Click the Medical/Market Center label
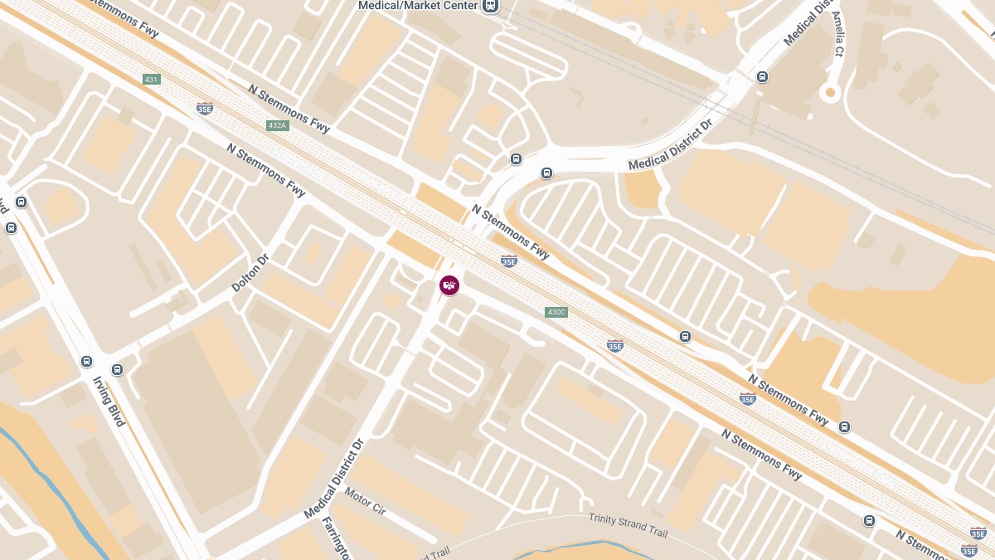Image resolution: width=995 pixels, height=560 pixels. pos(418,6)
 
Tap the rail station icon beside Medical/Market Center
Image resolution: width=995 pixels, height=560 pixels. pos(491,5)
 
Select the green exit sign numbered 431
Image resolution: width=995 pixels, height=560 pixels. pos(151,80)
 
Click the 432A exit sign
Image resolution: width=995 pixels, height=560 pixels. pos(277,125)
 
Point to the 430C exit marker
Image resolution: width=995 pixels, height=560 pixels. pos(556,312)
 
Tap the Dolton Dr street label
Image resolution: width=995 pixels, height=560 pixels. pos(250,273)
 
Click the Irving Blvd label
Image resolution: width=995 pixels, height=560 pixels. pos(109,401)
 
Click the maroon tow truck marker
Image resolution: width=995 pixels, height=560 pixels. pos(449,285)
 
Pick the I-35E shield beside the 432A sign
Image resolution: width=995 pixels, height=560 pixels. pos(204,108)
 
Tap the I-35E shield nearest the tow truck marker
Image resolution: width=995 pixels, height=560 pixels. pos(509,261)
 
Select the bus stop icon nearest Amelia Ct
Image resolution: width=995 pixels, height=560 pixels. pos(762,77)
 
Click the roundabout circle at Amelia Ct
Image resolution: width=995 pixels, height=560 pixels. pos(829,93)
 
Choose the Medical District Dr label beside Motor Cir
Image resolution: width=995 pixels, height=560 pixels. pos(334,479)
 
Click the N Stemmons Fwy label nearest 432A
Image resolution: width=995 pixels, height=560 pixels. pos(289,108)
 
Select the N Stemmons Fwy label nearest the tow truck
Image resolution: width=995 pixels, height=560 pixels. pos(511,231)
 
